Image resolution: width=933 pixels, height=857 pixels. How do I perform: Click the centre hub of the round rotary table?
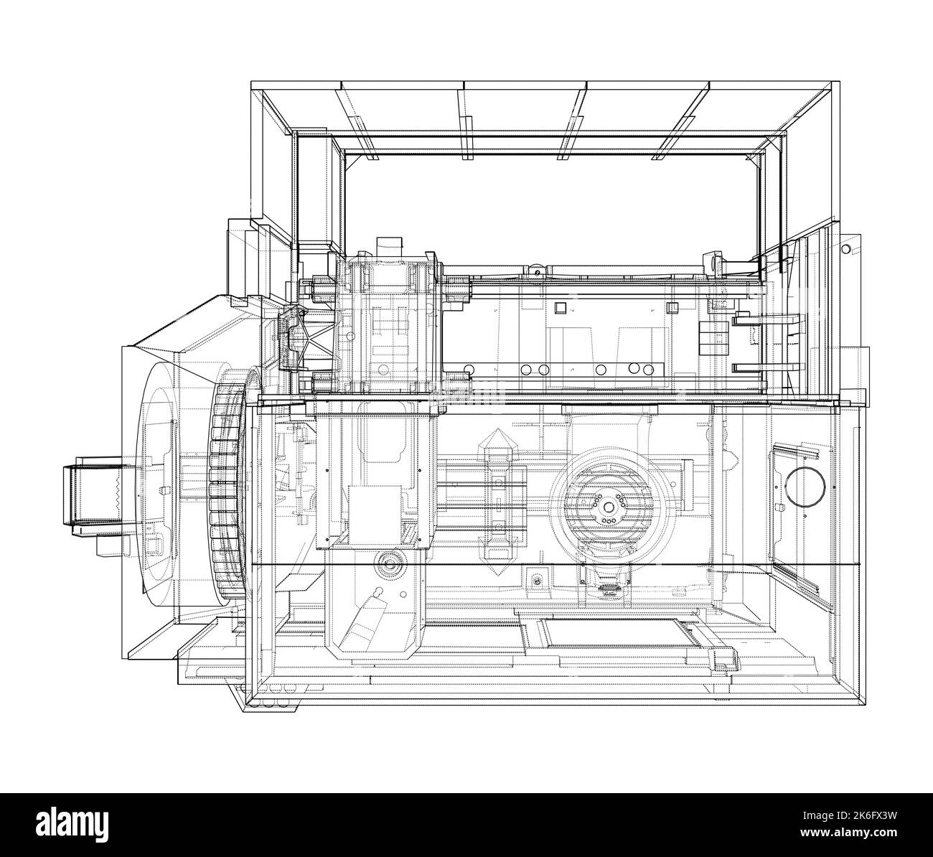coord(607,500)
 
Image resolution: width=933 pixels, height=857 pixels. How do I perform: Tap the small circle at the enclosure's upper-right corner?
coord(846,248)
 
